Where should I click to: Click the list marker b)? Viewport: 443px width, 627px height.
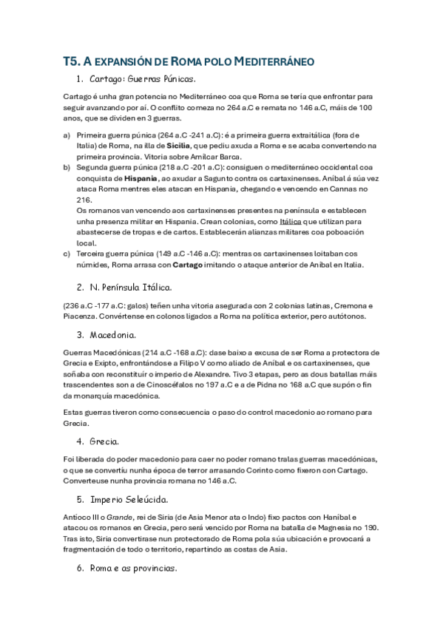67,168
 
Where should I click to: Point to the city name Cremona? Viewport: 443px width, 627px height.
346,306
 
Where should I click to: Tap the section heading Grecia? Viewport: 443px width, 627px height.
104,441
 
